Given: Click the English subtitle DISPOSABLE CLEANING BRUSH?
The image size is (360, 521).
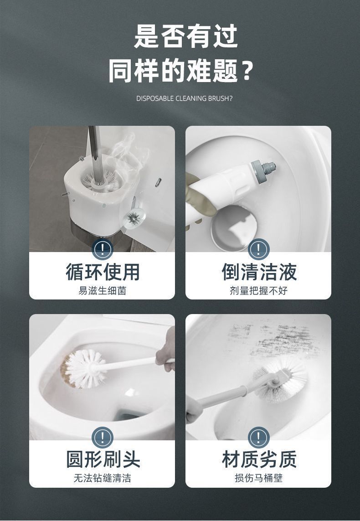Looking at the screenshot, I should (x=184, y=98).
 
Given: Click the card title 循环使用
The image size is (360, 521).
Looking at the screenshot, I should (x=102, y=272).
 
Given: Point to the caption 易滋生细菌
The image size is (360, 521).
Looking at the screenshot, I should (x=102, y=290).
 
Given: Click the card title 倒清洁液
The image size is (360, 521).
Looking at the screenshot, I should (x=258, y=272).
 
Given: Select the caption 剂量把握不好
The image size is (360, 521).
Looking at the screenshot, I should (x=258, y=290).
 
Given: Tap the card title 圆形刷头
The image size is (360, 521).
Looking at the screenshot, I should (x=102, y=459).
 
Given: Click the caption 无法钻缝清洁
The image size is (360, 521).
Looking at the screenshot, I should (x=102, y=478).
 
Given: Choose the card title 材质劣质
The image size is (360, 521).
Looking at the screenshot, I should (x=258, y=459).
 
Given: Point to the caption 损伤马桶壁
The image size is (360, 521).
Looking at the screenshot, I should (x=258, y=478).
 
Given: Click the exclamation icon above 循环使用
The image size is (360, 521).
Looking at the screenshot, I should (x=102, y=249).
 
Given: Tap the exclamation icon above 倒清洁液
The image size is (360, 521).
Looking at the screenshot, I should (x=258, y=249).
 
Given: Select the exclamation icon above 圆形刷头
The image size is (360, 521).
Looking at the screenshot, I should (x=102, y=438).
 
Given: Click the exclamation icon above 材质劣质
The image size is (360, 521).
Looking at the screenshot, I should (x=258, y=438).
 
